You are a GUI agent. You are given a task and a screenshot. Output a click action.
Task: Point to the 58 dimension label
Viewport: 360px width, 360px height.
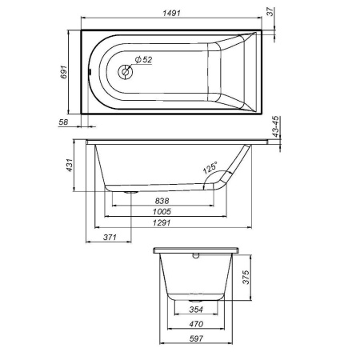pos(63,122)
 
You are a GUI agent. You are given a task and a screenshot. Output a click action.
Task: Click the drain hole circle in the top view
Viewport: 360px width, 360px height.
pos(125,72)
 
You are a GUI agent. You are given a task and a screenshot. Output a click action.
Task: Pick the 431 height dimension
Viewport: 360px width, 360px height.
pos(70,166)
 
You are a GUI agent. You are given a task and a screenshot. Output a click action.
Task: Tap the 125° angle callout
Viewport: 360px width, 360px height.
pos(210,169)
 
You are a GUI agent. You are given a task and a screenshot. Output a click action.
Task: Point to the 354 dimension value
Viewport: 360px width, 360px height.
pos(195,310)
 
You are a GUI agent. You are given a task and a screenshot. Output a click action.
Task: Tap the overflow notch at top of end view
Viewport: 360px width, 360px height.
pos(195,257)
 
